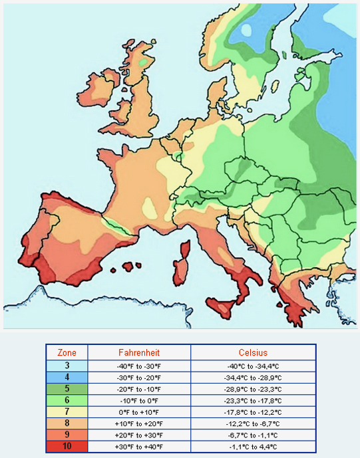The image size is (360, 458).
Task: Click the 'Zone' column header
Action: tap(67, 352)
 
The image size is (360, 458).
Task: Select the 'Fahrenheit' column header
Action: tap(139, 352)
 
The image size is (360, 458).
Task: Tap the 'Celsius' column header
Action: tap(253, 352)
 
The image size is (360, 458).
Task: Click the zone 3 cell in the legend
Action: tap(67, 366)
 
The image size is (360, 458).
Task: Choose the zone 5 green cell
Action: tap(67, 389)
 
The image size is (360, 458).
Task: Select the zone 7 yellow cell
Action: tap(67, 412)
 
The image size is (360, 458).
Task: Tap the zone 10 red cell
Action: tap(67, 446)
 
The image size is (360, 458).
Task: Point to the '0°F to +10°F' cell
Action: tap(139, 412)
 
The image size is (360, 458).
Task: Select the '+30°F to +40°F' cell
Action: tap(139, 446)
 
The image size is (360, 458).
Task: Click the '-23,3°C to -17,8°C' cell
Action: tap(253, 401)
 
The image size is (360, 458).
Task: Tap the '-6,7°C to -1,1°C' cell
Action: tap(253, 435)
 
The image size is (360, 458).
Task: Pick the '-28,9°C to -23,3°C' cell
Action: tap(253, 389)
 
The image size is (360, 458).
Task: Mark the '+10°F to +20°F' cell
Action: tap(139, 423)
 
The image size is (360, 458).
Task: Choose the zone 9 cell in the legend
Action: tap(67, 435)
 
